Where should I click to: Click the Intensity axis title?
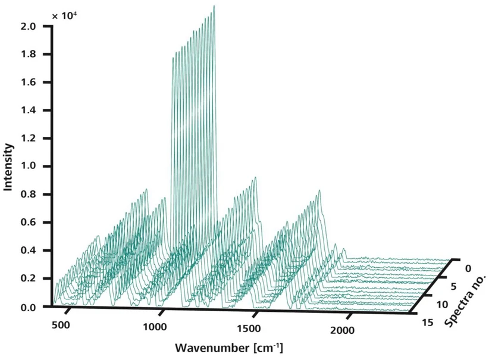(8, 165)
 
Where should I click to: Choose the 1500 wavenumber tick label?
(249, 329)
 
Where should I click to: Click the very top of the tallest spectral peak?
(214, 6)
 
